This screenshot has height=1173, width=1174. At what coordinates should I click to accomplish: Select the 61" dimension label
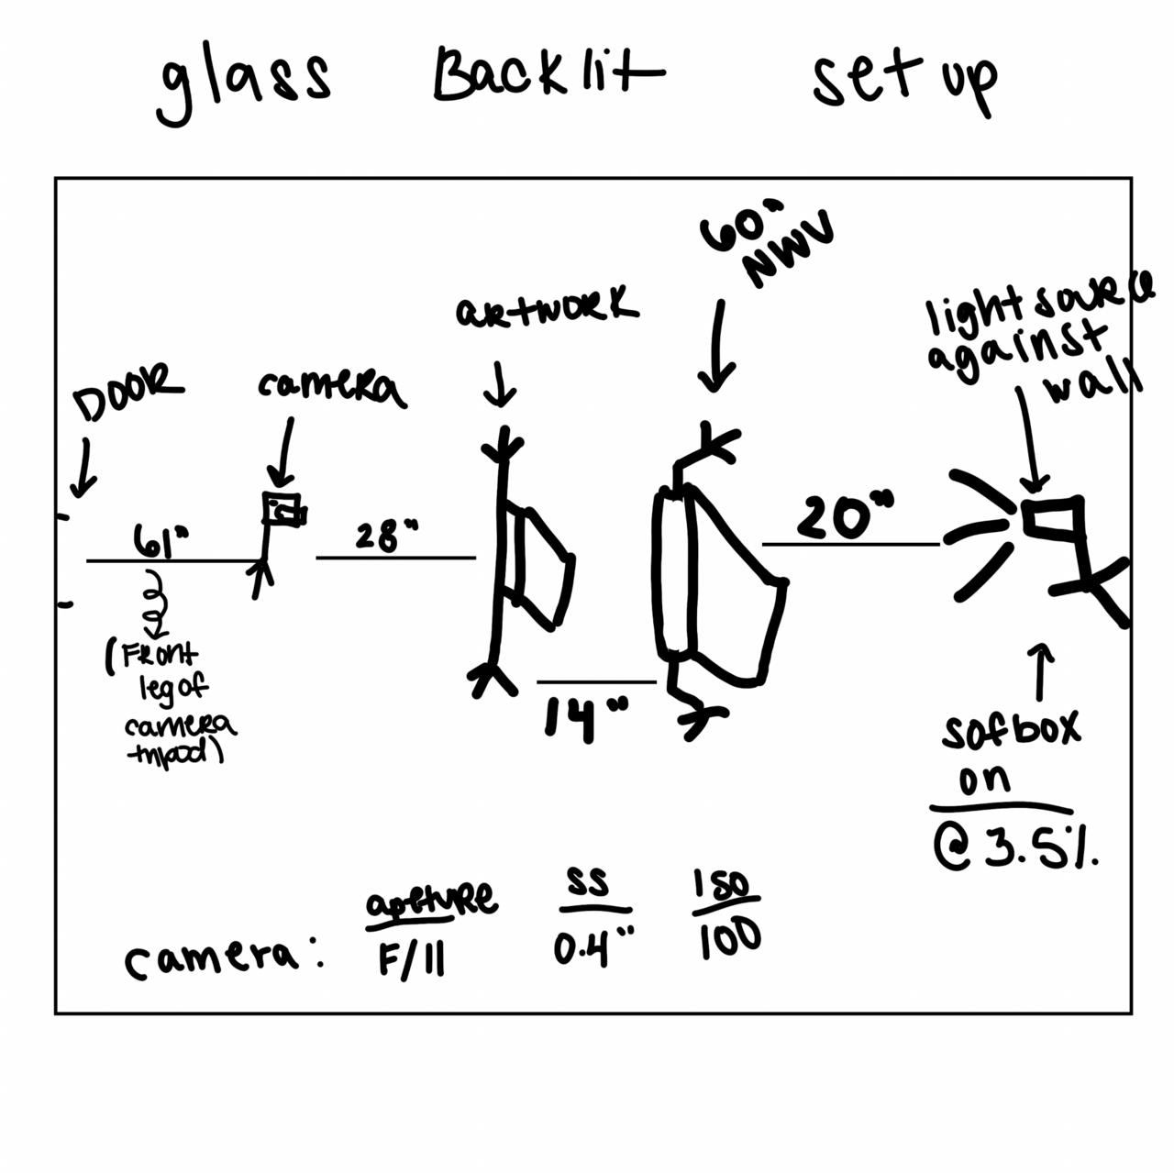coord(161,539)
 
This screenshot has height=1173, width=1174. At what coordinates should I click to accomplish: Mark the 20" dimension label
coord(845,517)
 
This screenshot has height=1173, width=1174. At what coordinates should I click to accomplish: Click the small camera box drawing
coord(283,511)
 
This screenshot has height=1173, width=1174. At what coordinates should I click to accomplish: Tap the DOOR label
coord(129,393)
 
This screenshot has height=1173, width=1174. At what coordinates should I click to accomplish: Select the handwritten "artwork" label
coord(547,308)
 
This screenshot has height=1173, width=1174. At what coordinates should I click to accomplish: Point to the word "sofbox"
coord(1011,728)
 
